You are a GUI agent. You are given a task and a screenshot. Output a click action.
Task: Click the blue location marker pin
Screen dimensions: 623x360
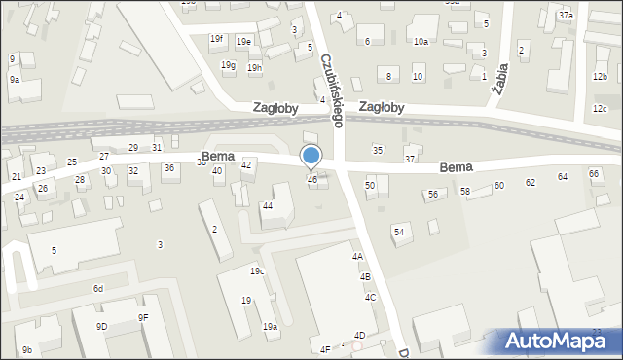311,157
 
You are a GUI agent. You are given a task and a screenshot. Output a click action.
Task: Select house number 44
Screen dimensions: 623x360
267,205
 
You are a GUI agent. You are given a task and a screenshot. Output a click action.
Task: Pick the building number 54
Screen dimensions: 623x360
398,231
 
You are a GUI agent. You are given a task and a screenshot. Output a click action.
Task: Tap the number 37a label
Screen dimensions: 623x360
566,17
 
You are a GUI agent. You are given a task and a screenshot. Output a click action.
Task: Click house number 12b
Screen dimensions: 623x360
600,76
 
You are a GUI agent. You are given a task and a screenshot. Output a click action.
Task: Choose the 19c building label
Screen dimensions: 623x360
257,270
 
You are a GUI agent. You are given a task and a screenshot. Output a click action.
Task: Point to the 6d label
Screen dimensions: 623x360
98,289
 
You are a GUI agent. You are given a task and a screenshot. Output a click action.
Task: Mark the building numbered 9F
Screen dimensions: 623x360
143,317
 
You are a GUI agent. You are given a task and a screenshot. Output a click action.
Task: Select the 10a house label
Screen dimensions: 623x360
421,42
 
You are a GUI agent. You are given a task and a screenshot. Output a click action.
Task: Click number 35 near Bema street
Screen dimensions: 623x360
378,149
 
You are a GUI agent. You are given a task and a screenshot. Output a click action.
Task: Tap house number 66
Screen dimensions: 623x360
593,173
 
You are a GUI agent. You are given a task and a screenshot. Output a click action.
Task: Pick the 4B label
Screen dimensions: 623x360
365,277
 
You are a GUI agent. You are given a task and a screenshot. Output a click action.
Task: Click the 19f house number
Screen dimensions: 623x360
216,39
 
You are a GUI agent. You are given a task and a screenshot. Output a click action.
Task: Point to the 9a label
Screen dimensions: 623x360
15,80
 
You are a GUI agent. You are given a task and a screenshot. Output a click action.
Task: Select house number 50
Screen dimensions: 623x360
370,185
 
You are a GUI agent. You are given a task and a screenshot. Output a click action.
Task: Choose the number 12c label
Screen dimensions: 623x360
600,108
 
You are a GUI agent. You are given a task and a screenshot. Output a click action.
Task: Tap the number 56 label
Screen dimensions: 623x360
433,195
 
